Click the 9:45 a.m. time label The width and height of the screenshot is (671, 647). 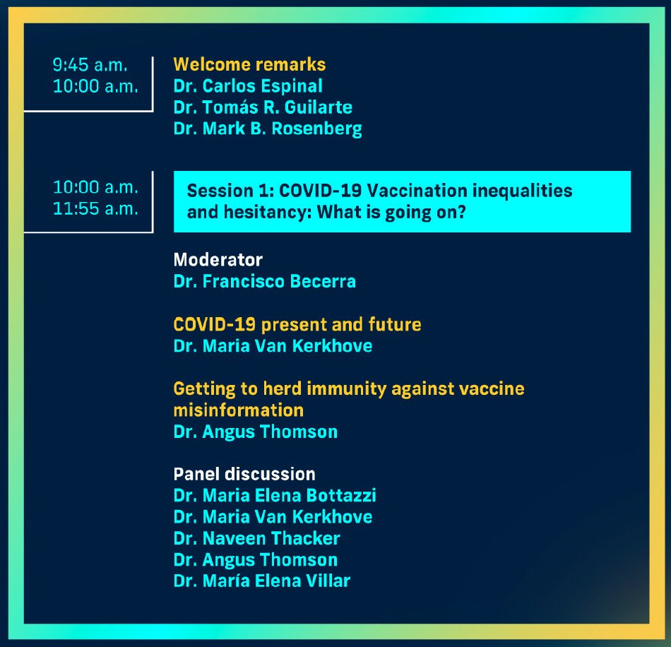[x=90, y=65]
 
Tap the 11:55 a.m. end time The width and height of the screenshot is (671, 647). [x=95, y=209]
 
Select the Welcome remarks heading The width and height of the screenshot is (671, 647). [x=249, y=64]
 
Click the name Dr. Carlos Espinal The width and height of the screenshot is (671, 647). [x=248, y=86]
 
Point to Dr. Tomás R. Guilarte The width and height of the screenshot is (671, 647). [x=263, y=107]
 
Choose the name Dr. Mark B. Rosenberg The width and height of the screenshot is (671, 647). [x=268, y=129]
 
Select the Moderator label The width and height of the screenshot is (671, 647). [x=218, y=260]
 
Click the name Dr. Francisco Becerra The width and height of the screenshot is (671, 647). [x=264, y=281]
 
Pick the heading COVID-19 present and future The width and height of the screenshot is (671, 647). [x=297, y=325]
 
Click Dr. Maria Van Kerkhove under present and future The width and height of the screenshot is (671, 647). [x=273, y=346]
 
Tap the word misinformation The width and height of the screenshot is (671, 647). [x=238, y=410]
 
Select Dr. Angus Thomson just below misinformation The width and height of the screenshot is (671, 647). [x=255, y=432]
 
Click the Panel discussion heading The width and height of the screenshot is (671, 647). [x=244, y=474]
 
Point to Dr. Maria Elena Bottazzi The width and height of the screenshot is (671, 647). [x=275, y=495]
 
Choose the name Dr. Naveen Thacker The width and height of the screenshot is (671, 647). [x=256, y=538]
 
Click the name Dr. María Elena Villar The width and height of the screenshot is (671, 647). [x=261, y=581]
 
